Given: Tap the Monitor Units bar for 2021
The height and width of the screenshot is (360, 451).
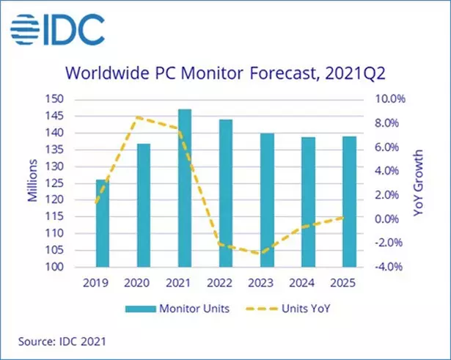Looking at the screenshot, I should (x=185, y=188).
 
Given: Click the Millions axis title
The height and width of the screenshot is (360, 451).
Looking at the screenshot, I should (x=34, y=183).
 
